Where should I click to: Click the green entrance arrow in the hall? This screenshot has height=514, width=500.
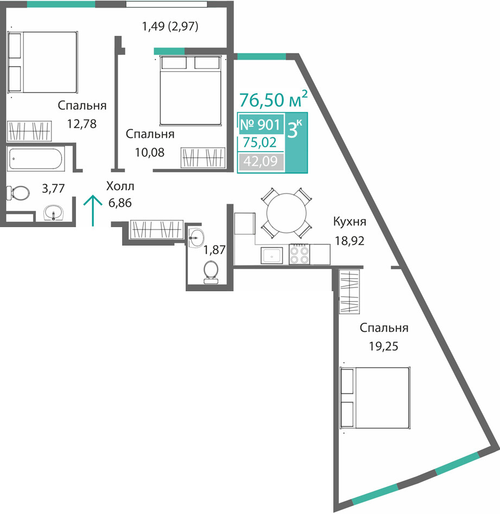click(x=93, y=210)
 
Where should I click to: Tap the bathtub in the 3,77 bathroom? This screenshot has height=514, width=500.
click(x=36, y=159)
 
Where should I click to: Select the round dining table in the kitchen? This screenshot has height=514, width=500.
click(x=286, y=213)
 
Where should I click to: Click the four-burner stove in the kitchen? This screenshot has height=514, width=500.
click(x=299, y=254)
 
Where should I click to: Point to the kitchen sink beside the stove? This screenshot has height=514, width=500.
click(x=272, y=255)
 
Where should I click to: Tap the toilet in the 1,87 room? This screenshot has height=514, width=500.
click(x=211, y=272)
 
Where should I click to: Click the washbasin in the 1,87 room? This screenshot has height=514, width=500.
click(x=196, y=238)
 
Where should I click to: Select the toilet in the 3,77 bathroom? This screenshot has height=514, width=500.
click(x=18, y=193)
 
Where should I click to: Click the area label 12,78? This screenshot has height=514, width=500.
click(x=82, y=124)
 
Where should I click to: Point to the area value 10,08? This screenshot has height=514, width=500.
click(x=150, y=153)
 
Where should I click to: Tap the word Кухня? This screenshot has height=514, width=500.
click(x=350, y=222)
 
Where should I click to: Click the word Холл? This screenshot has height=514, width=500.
click(x=120, y=186)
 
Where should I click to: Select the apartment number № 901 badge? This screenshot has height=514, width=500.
click(x=261, y=124)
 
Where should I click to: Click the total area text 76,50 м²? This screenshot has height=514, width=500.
click(x=274, y=99)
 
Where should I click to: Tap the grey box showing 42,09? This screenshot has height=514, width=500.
click(x=261, y=161)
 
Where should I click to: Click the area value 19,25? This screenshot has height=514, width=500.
click(x=384, y=346)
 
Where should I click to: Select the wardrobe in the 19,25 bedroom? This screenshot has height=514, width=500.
click(x=350, y=292)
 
